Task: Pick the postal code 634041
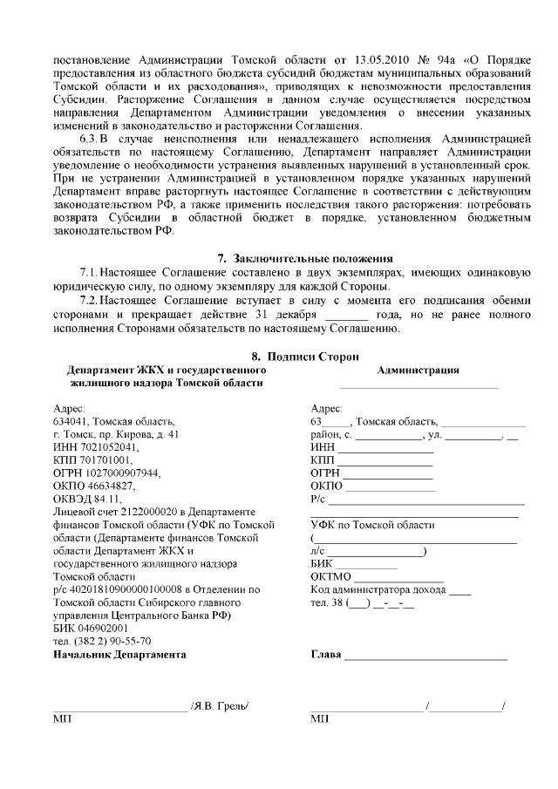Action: point(71,420)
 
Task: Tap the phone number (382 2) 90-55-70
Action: point(107,641)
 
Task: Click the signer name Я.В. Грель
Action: point(221,705)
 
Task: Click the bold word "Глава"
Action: point(325,654)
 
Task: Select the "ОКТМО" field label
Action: point(330,576)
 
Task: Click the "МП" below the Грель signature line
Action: point(62,719)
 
